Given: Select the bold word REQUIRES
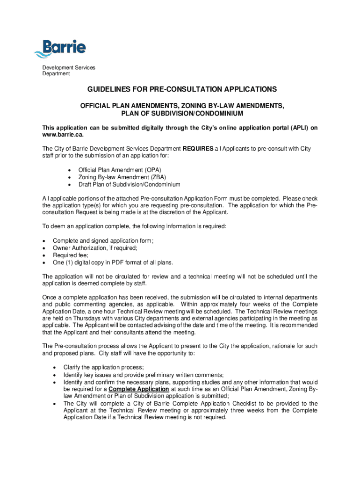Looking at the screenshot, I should (x=198, y=149).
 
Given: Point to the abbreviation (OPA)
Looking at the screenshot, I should (x=154, y=170).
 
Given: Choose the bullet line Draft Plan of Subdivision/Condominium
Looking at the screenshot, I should (x=129, y=185).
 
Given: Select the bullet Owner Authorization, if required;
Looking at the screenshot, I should (x=95, y=248).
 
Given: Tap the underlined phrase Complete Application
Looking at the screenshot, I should (x=139, y=389).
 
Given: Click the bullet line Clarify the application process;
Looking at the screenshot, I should (x=104, y=367).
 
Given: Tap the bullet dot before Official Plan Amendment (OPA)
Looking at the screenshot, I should (x=70, y=170).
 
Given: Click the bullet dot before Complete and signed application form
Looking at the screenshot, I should (x=44, y=241).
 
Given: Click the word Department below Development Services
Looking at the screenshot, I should (x=56, y=73).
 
